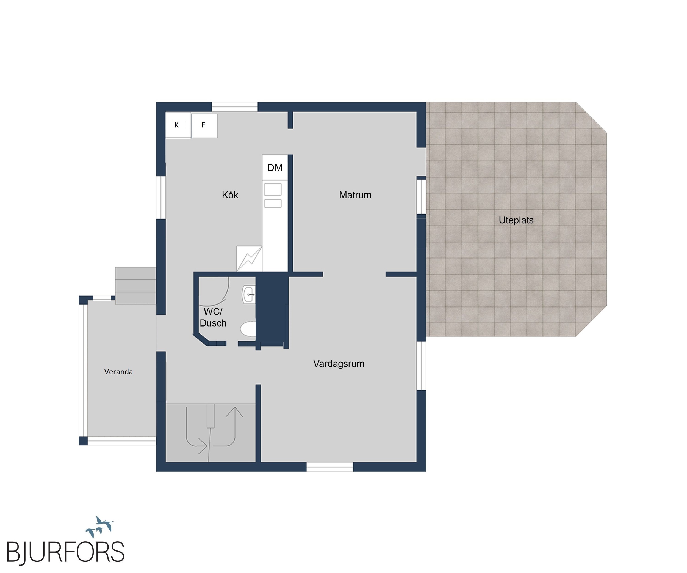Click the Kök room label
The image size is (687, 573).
tap(230, 195)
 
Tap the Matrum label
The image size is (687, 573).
tap(355, 195)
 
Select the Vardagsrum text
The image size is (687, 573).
tap(339, 364)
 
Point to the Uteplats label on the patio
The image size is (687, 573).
tap(516, 220)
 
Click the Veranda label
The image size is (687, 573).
tap(118, 372)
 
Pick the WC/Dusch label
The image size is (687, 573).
tap(213, 317)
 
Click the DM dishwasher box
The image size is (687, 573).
tap(275, 167)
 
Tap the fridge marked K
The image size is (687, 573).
tap(178, 125)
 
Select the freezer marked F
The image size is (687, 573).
tap(204, 125)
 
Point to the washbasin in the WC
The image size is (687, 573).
tap(249, 295)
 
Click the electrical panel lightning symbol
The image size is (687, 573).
tap(249, 259)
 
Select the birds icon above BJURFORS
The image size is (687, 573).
tap(100, 526)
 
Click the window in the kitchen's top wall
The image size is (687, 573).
tap(235, 107)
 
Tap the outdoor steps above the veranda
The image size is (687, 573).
tap(135, 286)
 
